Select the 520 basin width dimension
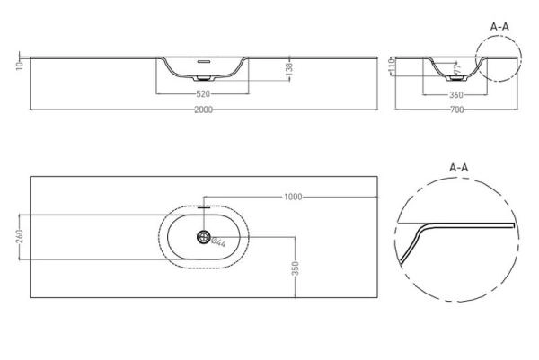point(203,92)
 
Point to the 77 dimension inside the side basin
point(455,67)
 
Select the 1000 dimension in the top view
point(291,197)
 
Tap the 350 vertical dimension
point(296,268)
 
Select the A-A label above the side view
point(501,27)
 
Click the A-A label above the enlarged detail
point(458,166)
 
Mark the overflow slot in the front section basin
point(204,62)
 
